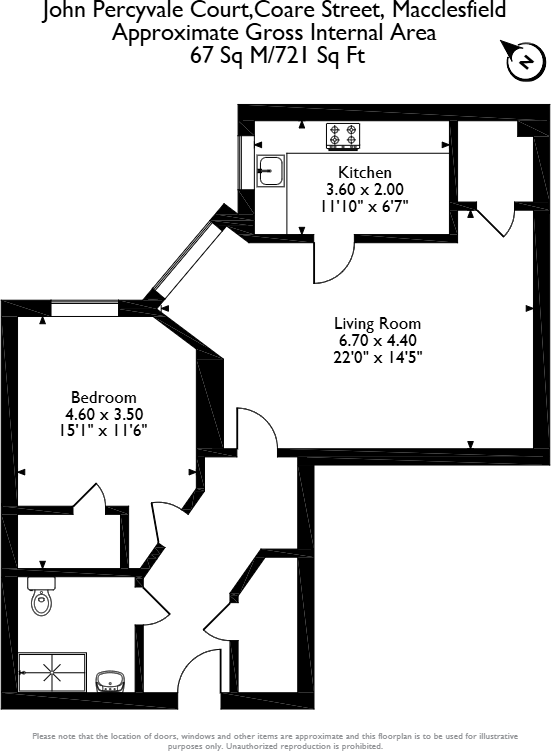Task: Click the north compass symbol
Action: (523, 62)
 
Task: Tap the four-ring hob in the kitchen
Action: (342, 135)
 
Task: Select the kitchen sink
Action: (270, 172)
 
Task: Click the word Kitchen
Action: (364, 172)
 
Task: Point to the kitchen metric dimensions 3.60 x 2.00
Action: (364, 189)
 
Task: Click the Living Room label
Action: (377, 324)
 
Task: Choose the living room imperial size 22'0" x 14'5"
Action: (379, 358)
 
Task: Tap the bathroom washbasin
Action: (109, 683)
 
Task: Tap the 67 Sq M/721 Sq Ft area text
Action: (278, 55)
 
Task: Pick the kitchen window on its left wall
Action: (246, 159)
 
